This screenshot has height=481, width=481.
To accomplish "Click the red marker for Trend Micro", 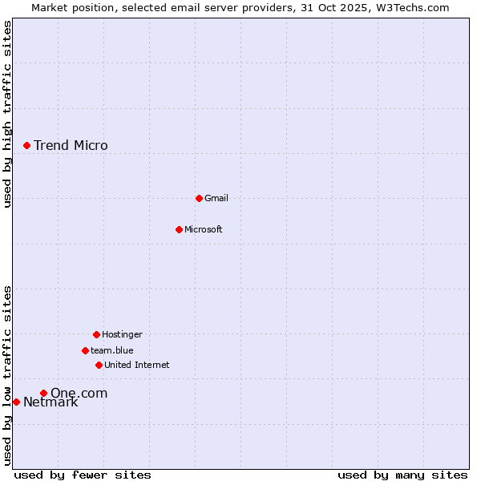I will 26,145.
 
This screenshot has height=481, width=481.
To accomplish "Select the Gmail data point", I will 199,198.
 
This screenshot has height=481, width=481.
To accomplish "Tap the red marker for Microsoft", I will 179,229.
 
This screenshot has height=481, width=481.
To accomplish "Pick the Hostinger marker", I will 96,334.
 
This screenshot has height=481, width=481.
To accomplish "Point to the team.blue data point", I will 85,350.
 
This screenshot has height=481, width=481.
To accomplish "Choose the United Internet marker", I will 99,365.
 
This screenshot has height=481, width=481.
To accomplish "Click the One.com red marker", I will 43,393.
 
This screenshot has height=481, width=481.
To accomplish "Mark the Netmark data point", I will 16,402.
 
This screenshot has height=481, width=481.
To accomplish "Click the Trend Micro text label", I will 71,145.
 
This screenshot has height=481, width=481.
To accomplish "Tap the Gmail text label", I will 216,198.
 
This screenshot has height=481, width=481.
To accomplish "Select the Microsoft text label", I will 204,229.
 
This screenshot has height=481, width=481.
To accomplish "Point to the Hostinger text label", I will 122,334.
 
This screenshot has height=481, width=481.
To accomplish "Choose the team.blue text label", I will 112,350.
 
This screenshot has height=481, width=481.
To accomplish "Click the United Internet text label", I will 137,365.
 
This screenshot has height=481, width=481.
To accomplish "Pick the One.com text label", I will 79,393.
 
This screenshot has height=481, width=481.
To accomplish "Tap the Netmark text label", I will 51,402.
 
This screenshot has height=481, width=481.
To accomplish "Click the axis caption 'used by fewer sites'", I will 83,475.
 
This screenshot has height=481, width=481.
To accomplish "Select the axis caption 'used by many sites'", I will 402,475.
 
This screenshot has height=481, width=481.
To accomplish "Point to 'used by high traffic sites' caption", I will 8,114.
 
